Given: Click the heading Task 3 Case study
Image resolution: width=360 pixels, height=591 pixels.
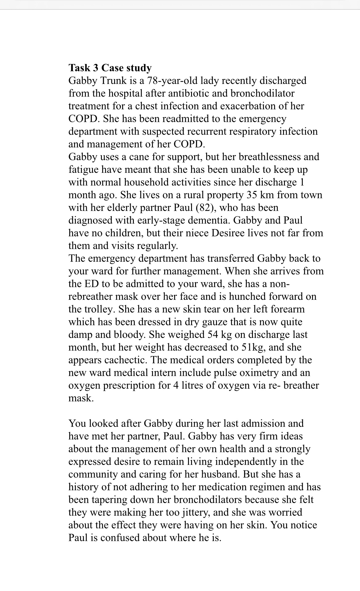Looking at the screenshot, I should click(110, 68).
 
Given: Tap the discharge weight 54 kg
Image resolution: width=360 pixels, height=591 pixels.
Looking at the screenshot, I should click(219, 335).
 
